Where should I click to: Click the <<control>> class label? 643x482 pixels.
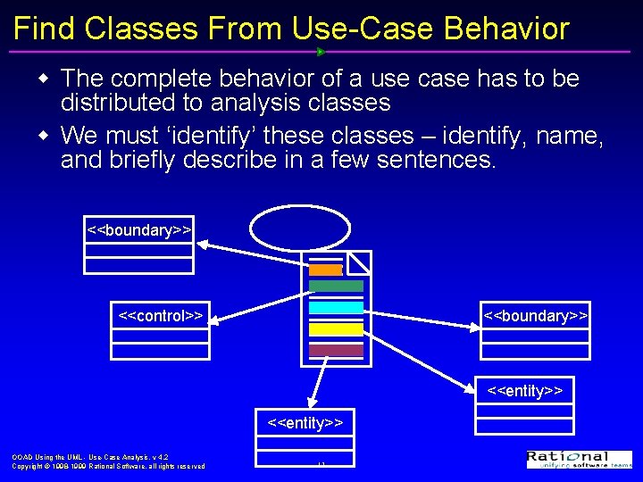(161, 315)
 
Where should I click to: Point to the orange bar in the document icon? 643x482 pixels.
(326, 270)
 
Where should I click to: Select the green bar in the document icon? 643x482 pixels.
(336, 287)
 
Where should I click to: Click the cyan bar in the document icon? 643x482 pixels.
(336, 307)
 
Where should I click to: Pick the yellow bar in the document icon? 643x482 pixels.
(336, 329)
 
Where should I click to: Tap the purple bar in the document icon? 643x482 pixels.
(336, 350)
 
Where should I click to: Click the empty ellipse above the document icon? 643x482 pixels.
(295, 229)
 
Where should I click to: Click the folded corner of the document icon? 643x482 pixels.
(358, 262)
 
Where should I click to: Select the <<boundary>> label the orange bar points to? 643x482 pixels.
(138, 230)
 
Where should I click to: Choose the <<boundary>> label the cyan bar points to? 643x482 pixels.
(535, 316)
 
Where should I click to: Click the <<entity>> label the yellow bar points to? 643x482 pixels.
(524, 391)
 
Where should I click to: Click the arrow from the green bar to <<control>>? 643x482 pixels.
(259, 301)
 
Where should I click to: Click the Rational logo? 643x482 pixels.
(579, 459)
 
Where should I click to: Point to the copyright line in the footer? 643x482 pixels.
(108, 466)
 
